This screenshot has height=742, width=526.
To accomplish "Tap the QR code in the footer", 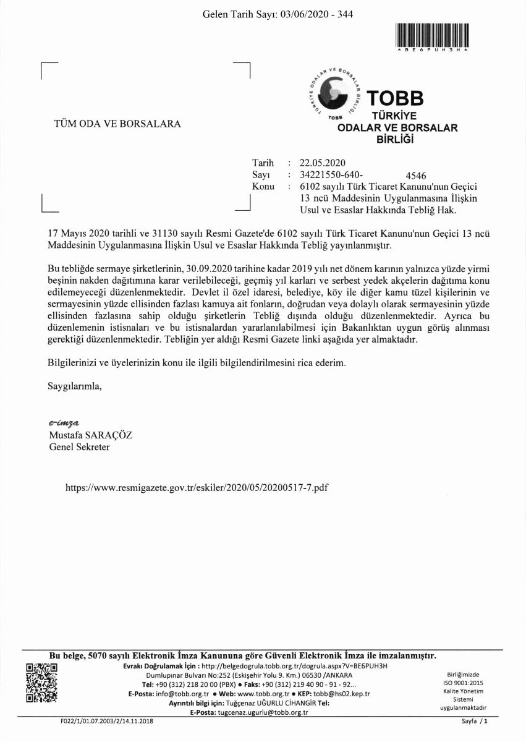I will point(41,682).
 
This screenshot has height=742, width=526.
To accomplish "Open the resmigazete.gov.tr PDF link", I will point(196,488).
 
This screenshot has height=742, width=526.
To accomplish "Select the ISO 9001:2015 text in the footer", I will point(464,683).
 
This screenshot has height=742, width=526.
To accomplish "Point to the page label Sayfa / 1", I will point(475,721).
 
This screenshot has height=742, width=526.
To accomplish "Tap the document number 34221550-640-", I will point(331,175).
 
